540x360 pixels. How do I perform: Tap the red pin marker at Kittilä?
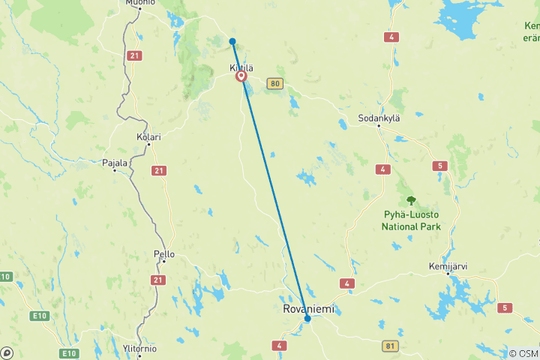241,76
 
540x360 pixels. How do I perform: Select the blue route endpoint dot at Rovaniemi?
307,319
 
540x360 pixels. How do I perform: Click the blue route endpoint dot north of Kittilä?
232,41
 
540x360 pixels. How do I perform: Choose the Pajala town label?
115,161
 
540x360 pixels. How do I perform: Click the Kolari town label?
148,137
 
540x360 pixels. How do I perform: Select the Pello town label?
164,254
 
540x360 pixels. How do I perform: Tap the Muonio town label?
136,3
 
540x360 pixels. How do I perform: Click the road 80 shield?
275,84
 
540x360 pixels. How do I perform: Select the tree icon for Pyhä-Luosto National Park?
410,200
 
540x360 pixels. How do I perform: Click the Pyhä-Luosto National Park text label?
410,220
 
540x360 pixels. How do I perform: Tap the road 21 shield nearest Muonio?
134,55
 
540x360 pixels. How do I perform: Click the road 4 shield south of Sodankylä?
383,170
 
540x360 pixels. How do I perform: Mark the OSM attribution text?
523,354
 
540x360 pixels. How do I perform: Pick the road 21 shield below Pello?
157,280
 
